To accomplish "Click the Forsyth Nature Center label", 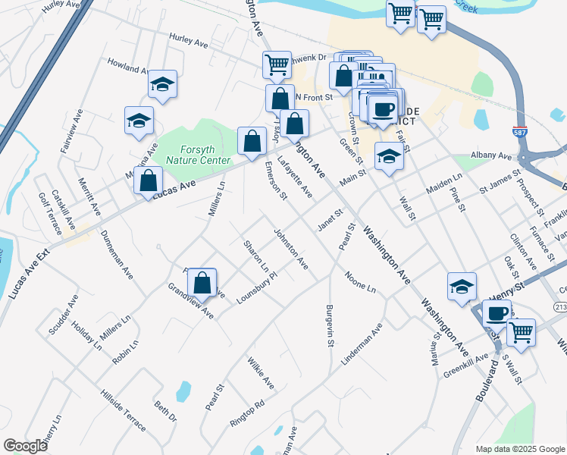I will (x=185, y=155).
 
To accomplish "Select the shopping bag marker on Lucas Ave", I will (x=149, y=181).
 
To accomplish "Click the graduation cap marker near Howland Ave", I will (x=162, y=84).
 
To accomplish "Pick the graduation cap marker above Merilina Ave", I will (x=139, y=121).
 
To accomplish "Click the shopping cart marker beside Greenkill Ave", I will (x=520, y=331).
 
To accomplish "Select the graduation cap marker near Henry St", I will (x=462, y=287).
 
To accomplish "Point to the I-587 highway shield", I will (x=519, y=131).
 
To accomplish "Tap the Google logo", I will (x=26, y=446).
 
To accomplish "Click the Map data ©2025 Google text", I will (x=520, y=449).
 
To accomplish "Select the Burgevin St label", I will (x=330, y=326).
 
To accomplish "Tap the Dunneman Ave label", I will (x=117, y=254).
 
